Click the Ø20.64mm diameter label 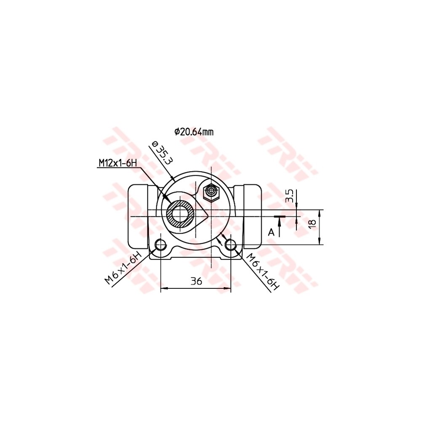tap(194, 132)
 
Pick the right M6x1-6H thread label tap(262, 272)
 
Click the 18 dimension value tap(312, 224)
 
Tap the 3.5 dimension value tap(289, 196)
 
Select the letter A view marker tap(272, 232)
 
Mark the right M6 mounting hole tap(230, 245)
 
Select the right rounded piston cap tap(253, 217)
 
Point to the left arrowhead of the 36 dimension tap(165, 288)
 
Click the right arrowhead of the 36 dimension tap(228, 288)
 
